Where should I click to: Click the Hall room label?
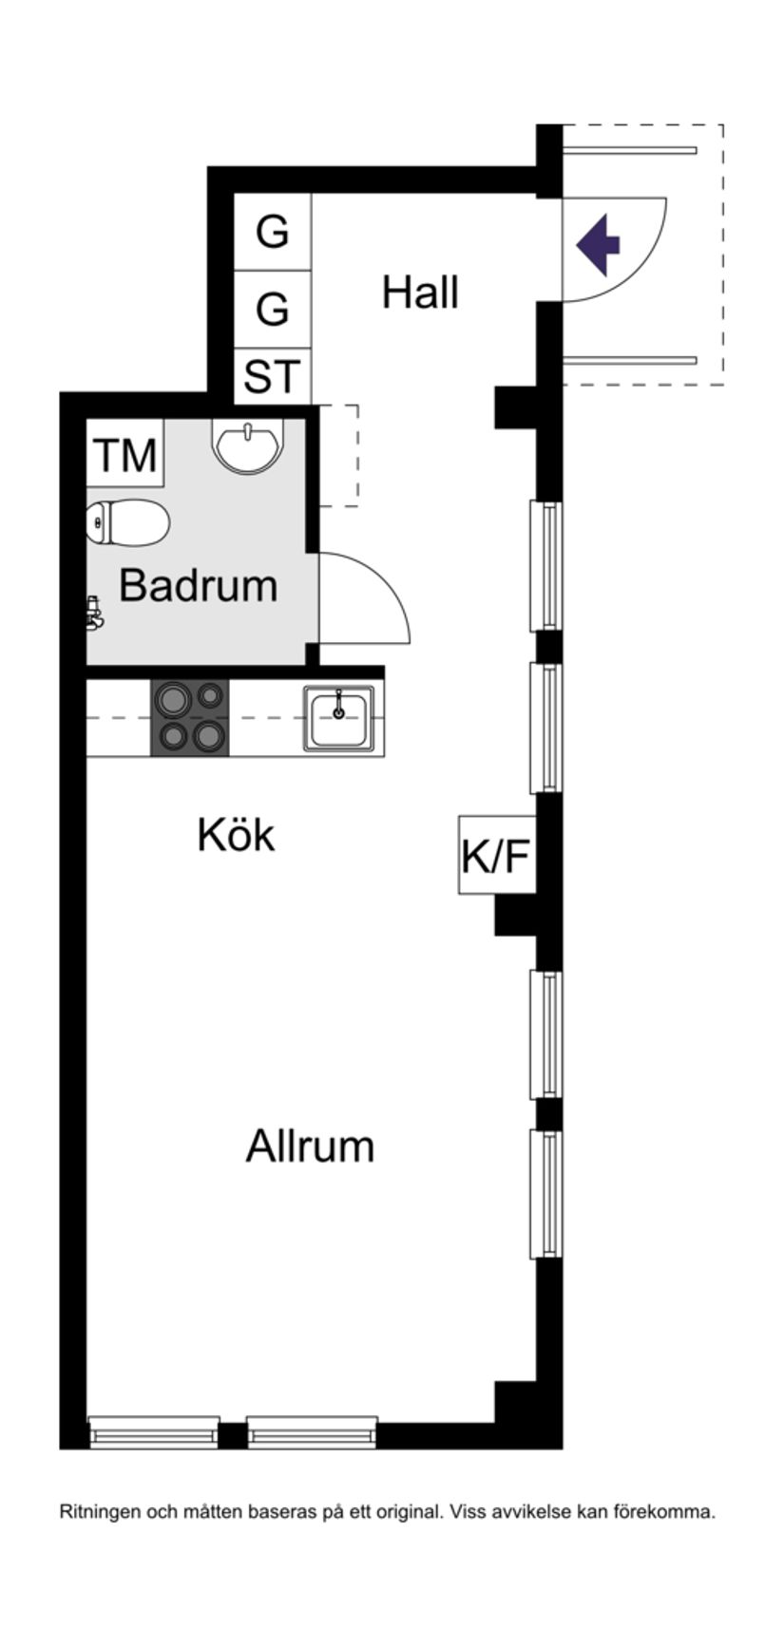coord(420,293)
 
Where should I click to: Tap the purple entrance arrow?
coord(598,245)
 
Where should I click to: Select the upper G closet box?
coord(273,232)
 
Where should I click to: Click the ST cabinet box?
coord(273,377)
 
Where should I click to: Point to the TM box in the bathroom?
coord(125,455)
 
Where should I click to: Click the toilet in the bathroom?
coord(128,523)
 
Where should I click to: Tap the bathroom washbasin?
coord(248,445)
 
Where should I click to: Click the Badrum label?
coord(198,586)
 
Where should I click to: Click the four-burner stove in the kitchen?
coord(190,718)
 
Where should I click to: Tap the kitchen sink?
coord(339,718)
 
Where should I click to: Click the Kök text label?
coord(236,836)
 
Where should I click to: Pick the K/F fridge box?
coord(494,856)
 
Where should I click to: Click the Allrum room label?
coord(310,1146)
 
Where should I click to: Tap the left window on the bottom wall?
coord(154,1431)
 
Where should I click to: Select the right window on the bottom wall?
coord(312,1431)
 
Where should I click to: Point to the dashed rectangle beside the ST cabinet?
coord(339,455)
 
